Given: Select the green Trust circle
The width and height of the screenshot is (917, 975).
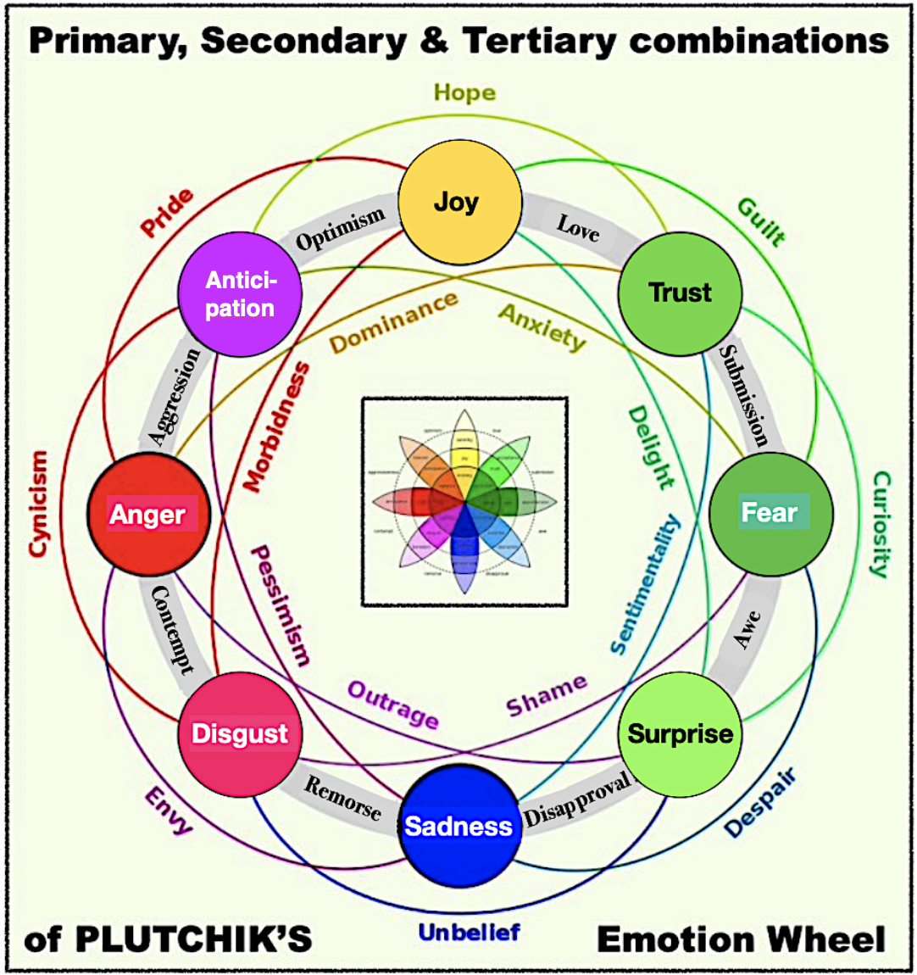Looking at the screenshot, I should [680, 293].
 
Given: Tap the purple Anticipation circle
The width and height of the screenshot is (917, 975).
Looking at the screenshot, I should [240, 294].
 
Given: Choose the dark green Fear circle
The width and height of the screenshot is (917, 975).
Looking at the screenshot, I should [770, 513].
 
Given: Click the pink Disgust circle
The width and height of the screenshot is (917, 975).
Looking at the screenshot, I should [240, 733].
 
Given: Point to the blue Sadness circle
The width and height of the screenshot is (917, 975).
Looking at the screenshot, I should [458, 825].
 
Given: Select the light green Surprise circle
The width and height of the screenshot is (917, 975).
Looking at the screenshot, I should [680, 733].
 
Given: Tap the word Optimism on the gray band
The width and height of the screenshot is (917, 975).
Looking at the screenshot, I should [340, 230].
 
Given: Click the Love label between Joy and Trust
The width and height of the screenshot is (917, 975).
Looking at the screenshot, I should [578, 228].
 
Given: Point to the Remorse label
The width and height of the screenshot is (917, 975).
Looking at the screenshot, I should [342, 798].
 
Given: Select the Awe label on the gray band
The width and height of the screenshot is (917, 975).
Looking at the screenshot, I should [747, 630].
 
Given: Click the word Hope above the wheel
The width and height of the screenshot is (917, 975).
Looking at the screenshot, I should [464, 92].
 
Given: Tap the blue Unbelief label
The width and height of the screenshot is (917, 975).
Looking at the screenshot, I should [469, 933].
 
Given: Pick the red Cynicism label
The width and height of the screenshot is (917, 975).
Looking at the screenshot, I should [38, 504].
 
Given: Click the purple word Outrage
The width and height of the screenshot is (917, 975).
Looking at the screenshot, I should [393, 705].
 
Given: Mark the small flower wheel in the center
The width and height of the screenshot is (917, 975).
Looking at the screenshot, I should [464, 501].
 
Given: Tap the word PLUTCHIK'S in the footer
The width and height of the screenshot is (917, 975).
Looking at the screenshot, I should [193, 939].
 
